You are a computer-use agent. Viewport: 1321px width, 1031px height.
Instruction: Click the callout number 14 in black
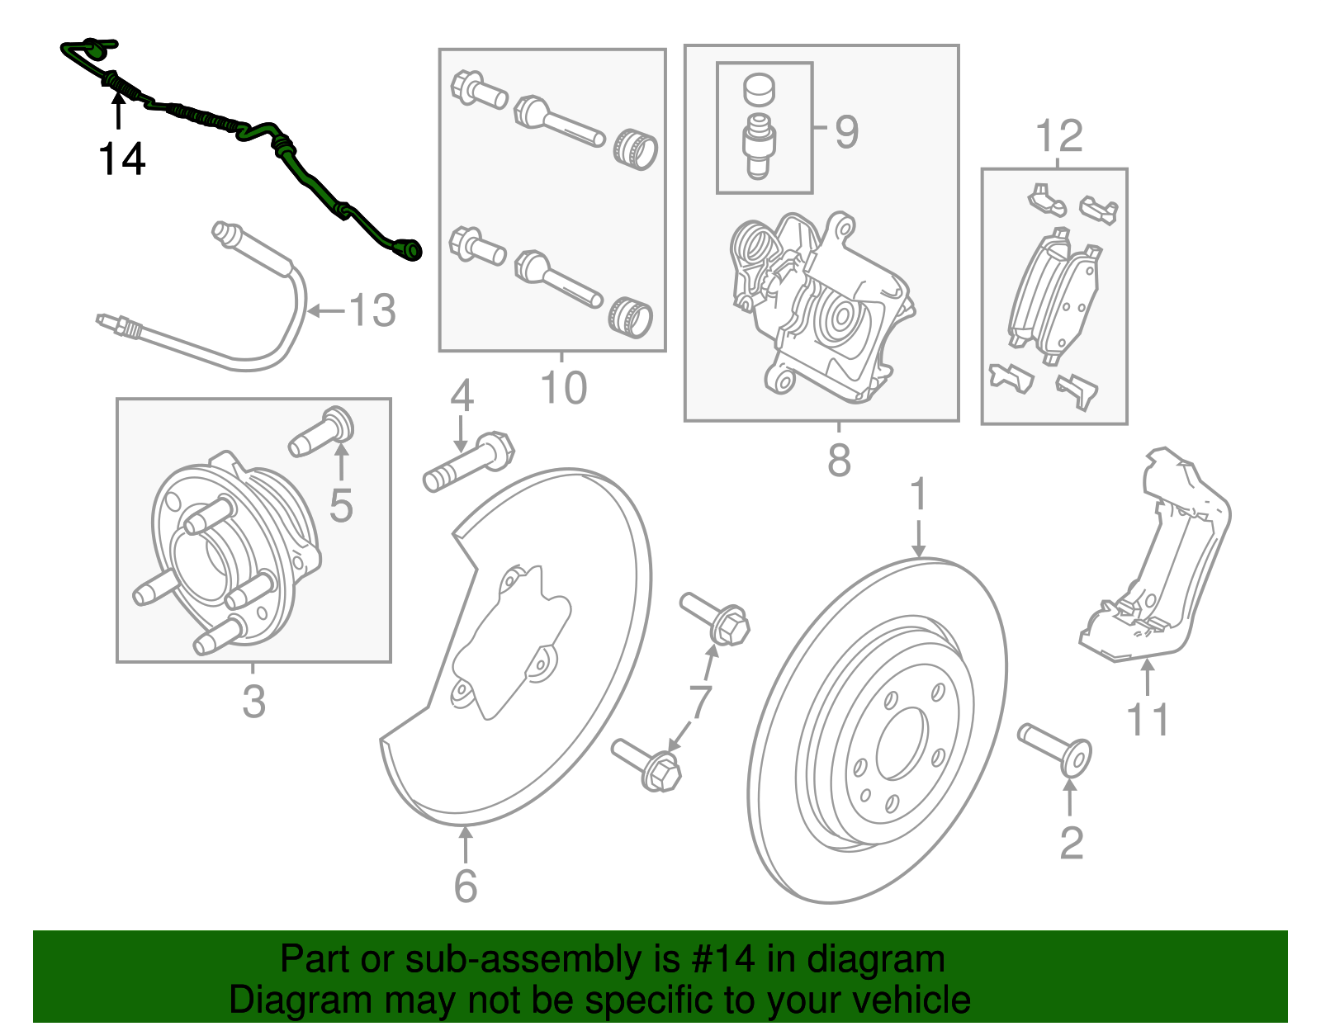click(122, 159)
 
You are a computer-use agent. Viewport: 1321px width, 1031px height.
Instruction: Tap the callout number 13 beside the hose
click(372, 311)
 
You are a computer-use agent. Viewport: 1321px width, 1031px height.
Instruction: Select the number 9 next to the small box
click(846, 132)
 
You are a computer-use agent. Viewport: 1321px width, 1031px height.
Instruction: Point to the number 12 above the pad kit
click(1058, 136)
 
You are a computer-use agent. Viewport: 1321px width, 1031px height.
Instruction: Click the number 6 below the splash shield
click(466, 886)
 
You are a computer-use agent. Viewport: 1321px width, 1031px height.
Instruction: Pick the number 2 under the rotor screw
click(1071, 843)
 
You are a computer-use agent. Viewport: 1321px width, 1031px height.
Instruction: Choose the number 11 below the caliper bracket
click(1148, 720)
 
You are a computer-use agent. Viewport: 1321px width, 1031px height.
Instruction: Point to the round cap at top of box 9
click(760, 90)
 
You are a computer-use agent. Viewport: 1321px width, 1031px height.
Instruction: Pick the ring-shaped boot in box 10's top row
click(635, 149)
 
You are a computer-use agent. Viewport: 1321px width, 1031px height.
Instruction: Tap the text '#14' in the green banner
click(719, 959)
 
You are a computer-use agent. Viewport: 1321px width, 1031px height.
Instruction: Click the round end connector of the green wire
click(410, 248)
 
